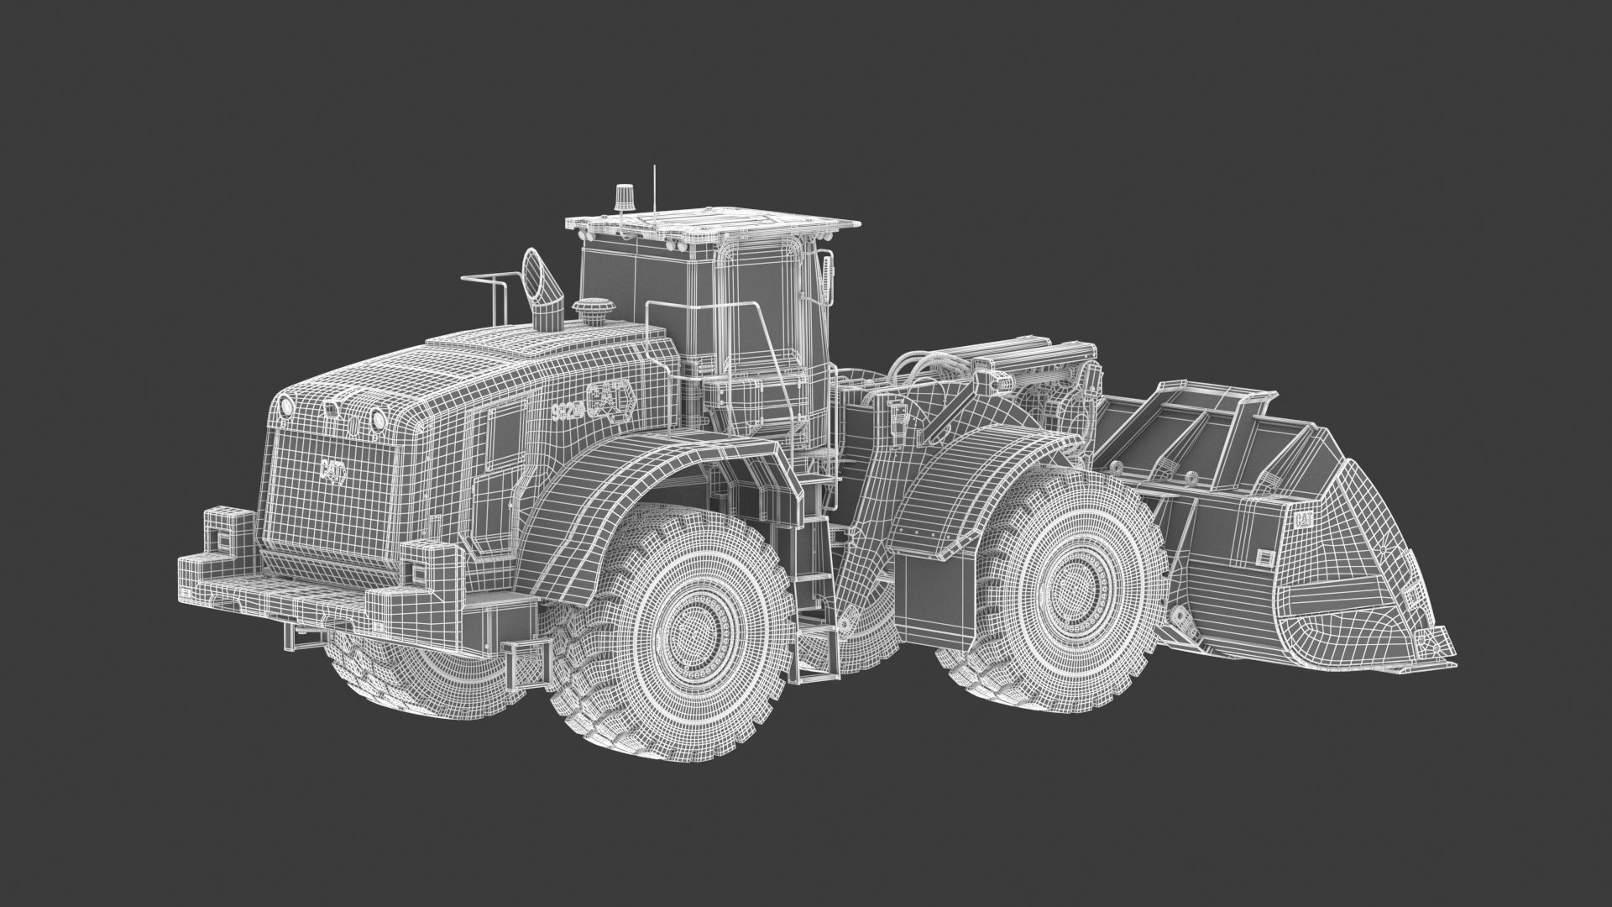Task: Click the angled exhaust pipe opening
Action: pos(534,270)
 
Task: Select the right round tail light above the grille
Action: pos(379,418)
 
